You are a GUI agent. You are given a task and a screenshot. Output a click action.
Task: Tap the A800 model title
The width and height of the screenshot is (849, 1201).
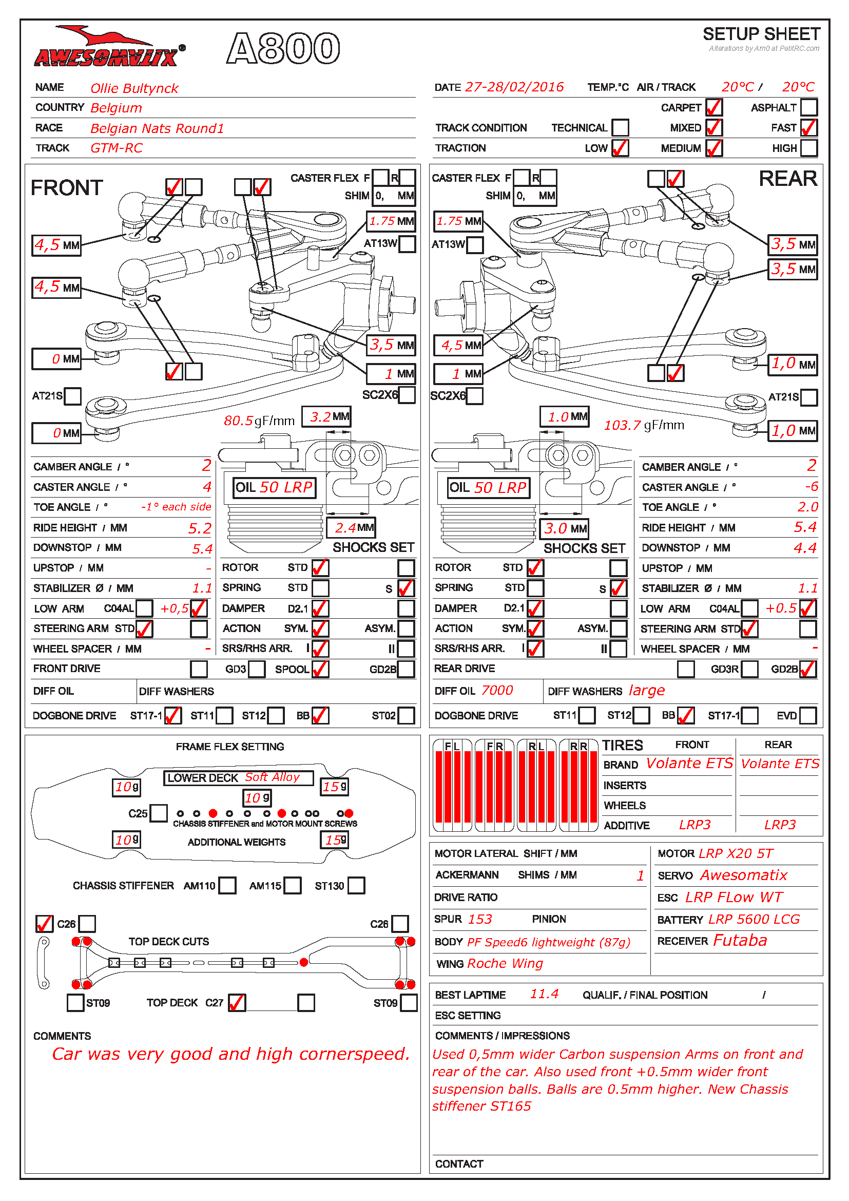[x=283, y=49]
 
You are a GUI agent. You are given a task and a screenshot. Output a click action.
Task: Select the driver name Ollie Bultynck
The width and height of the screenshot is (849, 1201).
[x=134, y=88]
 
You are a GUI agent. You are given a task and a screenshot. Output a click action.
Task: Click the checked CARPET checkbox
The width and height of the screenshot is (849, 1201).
[x=713, y=108]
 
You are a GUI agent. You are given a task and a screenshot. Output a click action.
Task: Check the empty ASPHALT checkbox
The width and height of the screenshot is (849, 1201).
[x=808, y=108]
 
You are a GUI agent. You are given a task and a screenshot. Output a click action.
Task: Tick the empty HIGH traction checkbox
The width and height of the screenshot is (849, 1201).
[x=808, y=148]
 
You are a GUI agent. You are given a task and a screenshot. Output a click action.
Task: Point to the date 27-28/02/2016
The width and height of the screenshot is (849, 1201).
[x=514, y=87]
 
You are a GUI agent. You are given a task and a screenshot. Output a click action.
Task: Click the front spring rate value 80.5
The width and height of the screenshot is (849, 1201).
[x=238, y=421]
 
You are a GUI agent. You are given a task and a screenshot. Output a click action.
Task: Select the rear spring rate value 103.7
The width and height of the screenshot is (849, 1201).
[x=622, y=425]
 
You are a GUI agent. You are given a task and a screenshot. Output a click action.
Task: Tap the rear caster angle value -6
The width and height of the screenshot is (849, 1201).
[x=811, y=487]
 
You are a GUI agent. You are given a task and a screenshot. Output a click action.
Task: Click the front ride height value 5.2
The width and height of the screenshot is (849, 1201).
[x=200, y=528]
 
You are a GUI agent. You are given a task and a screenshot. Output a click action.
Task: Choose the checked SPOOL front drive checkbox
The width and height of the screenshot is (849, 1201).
[x=320, y=669]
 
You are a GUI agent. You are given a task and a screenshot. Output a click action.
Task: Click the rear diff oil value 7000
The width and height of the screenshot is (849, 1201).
[x=497, y=691]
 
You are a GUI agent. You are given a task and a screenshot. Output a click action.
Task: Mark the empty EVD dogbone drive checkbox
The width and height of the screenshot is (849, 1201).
[x=807, y=715]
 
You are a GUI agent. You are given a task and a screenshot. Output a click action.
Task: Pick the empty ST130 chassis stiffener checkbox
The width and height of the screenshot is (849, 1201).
[x=356, y=886]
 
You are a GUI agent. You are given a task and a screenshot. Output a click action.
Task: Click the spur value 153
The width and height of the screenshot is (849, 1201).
[x=480, y=919]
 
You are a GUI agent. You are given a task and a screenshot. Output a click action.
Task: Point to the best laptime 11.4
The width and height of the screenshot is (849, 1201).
[x=544, y=994]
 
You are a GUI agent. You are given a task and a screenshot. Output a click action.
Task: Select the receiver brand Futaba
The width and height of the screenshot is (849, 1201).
[x=740, y=941]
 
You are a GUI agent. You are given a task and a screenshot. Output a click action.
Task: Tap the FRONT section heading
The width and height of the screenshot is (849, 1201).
[x=67, y=188]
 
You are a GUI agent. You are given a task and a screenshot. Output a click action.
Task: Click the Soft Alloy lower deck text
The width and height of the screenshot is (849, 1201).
[x=273, y=777]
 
